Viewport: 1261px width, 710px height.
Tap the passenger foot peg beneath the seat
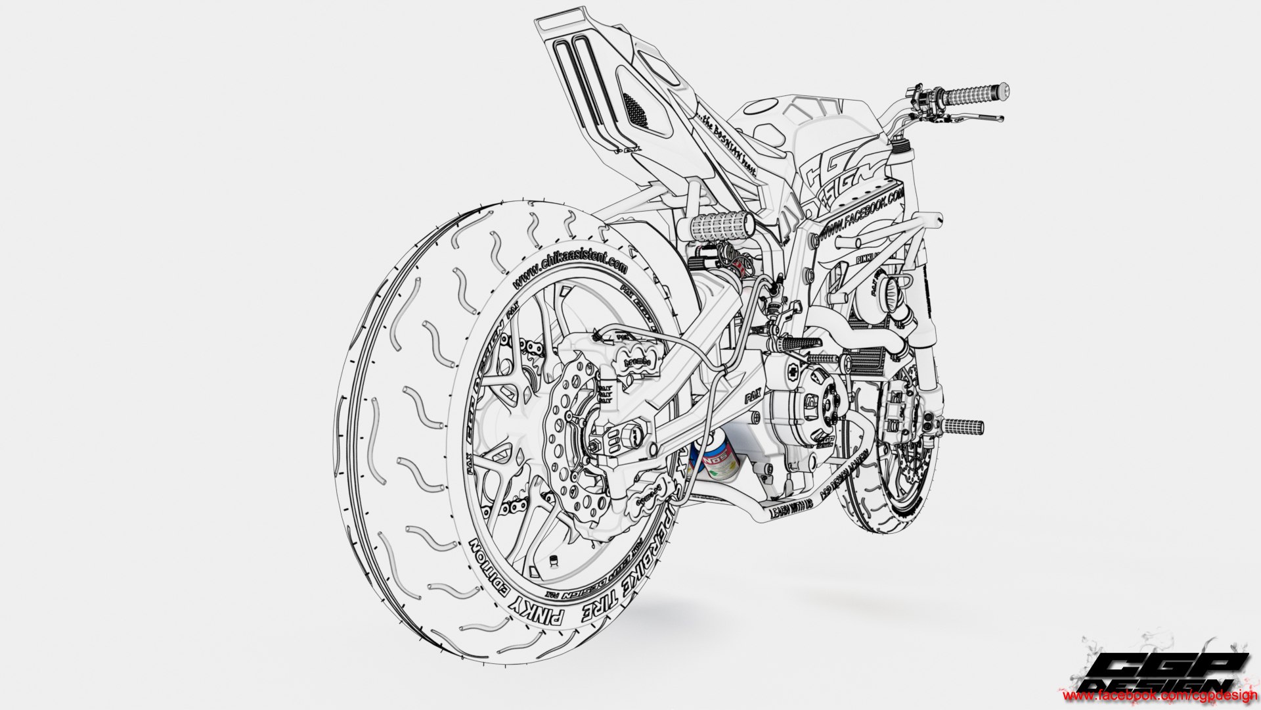(x=716, y=227)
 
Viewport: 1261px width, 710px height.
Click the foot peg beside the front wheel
(x=963, y=427)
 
